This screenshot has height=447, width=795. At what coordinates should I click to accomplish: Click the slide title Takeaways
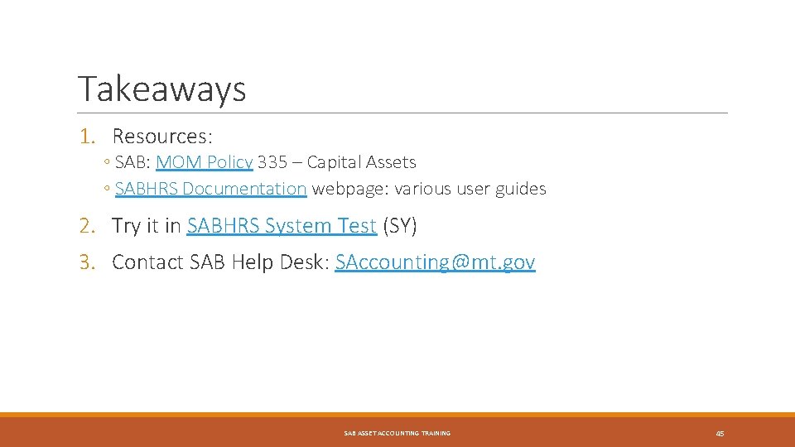coord(161,89)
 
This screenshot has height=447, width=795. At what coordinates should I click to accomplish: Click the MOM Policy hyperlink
coord(204,162)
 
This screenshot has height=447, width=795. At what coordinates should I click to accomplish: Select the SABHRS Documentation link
coord(211,189)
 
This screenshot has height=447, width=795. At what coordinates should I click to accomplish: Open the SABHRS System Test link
coord(282,225)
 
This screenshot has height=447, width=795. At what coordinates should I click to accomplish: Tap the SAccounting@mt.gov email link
coord(435,262)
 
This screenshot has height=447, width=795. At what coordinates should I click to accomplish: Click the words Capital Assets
coord(361,162)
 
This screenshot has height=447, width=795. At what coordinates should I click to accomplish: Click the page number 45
coord(720,434)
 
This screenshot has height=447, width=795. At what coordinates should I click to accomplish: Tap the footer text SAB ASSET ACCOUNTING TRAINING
coord(397,434)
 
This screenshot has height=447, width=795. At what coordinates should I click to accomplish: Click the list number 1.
coord(87,135)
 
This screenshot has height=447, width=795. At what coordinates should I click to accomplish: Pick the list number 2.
coord(87,225)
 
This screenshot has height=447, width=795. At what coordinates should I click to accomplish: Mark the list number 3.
coord(87,262)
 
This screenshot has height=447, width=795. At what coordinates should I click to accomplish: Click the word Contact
coord(147,262)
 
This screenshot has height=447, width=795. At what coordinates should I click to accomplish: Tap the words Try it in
coord(147,225)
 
